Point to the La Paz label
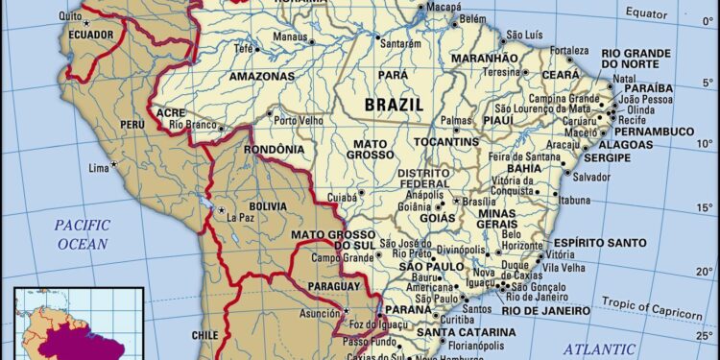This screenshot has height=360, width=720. tap(241, 218)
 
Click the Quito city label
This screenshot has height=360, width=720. tap(68, 16)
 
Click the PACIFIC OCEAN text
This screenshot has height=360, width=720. tap(82, 234)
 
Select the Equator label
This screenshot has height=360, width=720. tap(672, 12)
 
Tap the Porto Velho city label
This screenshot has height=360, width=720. tap(296, 121)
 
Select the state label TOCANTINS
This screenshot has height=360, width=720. tap(446, 142)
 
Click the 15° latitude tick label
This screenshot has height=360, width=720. tap(705, 207)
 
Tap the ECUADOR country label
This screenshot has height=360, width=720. tap(88, 36)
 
